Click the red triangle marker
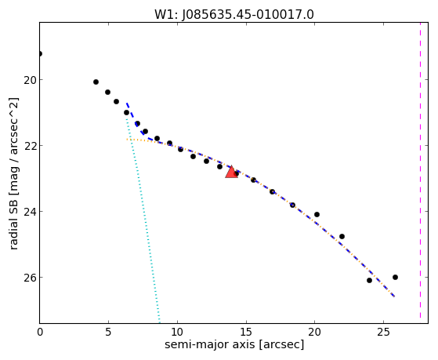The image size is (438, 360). (232, 172)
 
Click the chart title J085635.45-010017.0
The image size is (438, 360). (248, 15)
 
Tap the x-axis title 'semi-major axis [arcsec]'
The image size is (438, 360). (234, 344)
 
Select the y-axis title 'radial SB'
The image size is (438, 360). (13, 220)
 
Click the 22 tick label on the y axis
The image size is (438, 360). (29, 146)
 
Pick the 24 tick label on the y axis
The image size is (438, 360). (29, 212)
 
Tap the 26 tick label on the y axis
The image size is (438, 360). (29, 278)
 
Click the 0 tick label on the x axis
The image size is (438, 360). (40, 332)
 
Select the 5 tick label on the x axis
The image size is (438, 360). (108, 332)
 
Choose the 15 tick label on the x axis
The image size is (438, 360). (246, 332)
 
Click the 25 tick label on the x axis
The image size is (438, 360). (383, 332)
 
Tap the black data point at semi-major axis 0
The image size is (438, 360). (40, 53)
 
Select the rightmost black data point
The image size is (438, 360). (395, 277)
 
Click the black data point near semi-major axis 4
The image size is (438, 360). (96, 82)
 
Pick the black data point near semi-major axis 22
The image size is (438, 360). (342, 236)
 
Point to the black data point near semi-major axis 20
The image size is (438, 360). (317, 215)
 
